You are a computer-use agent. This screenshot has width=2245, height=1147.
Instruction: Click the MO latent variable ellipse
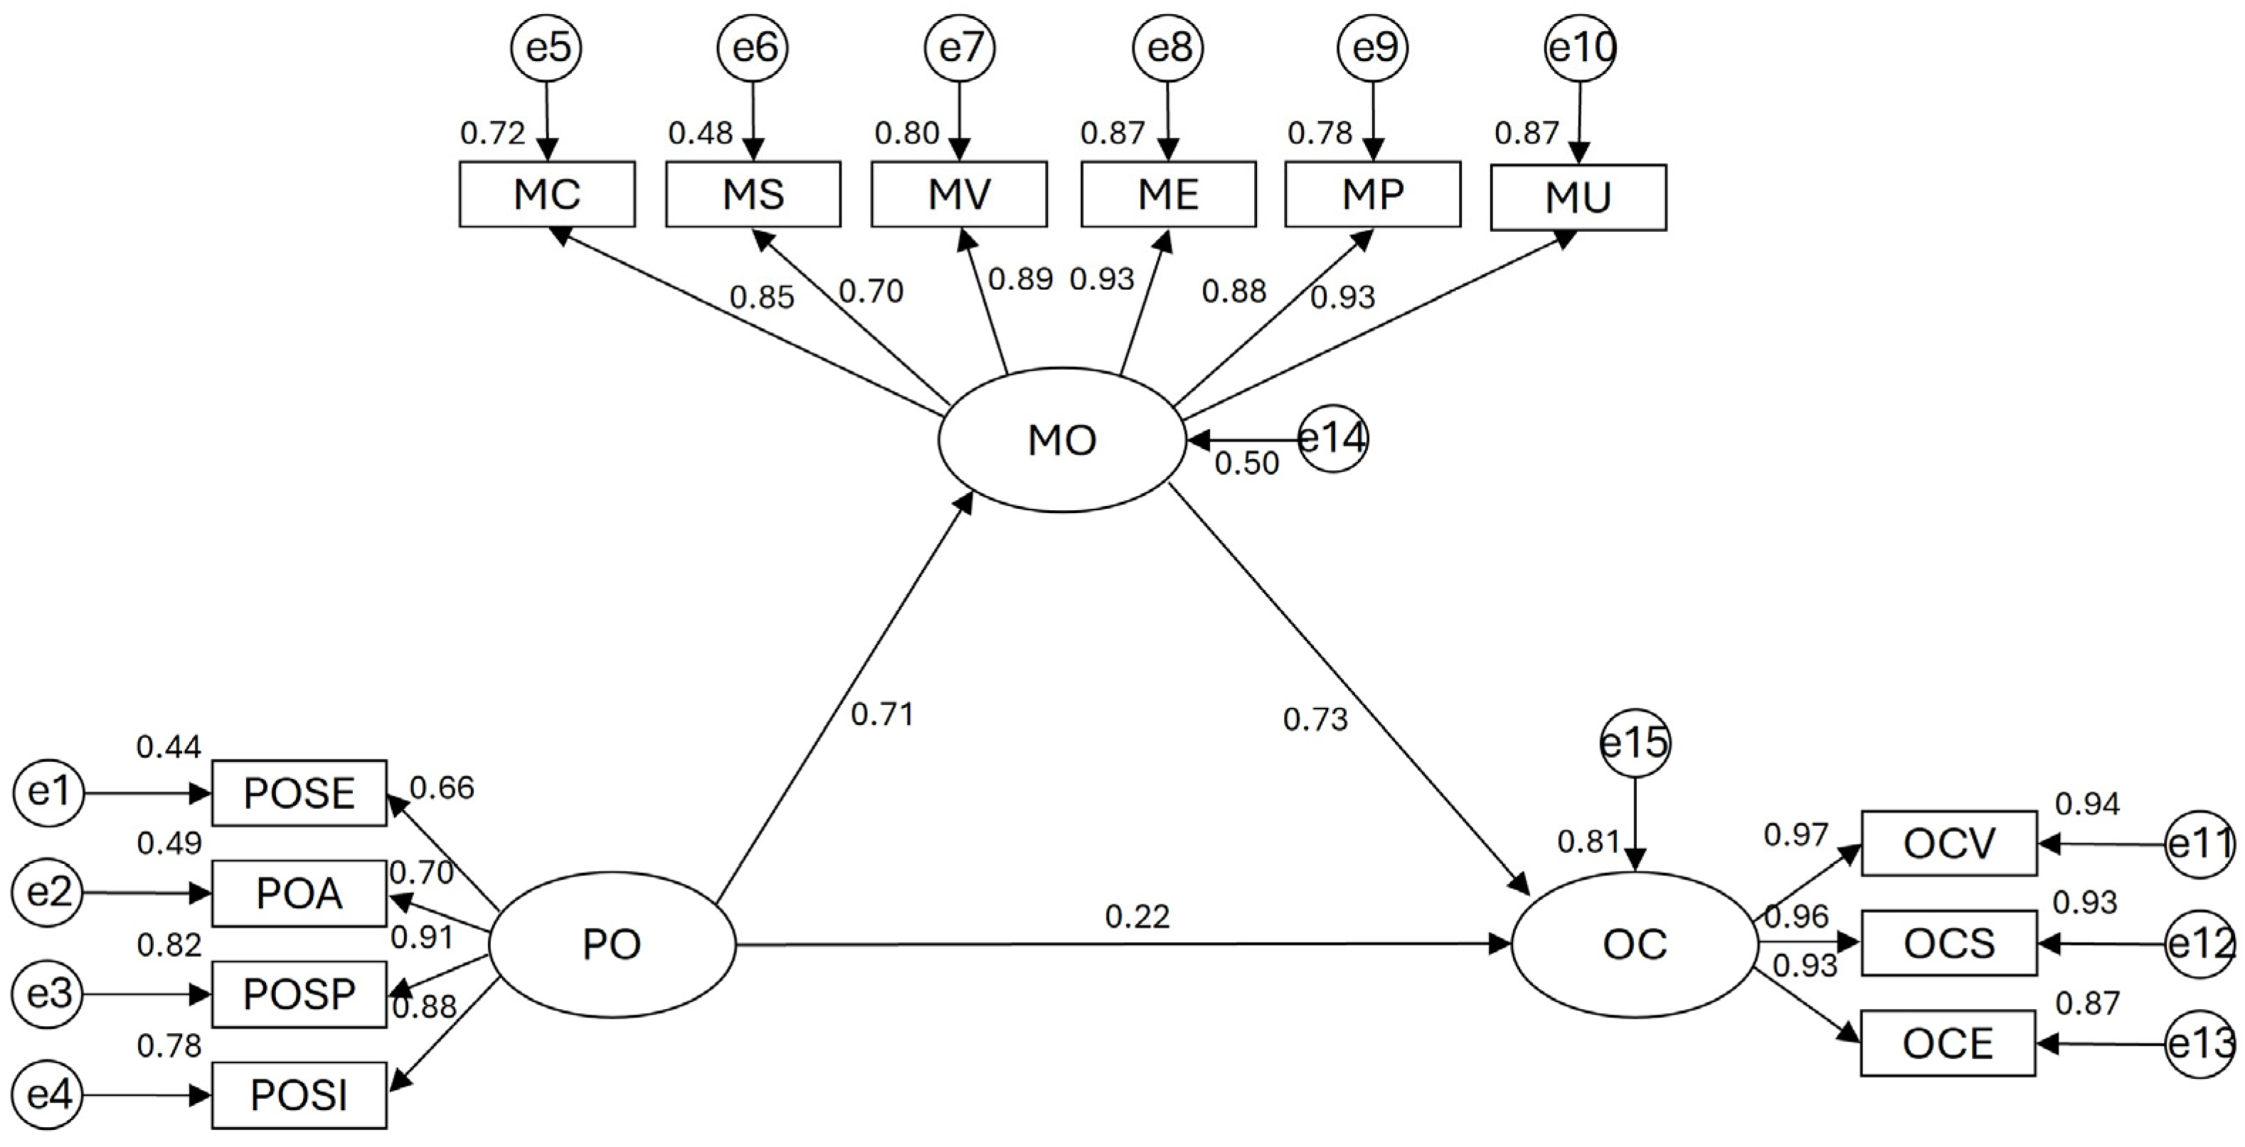pyautogui.click(x=1061, y=440)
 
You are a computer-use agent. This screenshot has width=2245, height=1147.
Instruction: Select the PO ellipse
pyautogui.click(x=612, y=945)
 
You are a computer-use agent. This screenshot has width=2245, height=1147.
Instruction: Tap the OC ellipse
pyautogui.click(x=1634, y=945)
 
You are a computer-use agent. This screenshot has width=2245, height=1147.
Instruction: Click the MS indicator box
pyautogui.click(x=753, y=194)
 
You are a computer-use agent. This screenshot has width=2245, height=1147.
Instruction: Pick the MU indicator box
pyautogui.click(x=1578, y=198)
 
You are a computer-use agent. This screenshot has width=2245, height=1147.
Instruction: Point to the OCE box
pyautogui.click(x=1948, y=1043)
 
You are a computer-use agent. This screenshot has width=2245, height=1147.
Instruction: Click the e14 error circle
pyautogui.click(x=1332, y=438)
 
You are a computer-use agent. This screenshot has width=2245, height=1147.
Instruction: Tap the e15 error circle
pyautogui.click(x=1635, y=743)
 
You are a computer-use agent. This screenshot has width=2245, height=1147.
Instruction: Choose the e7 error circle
pyautogui.click(x=960, y=48)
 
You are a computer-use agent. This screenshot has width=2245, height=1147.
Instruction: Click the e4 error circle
pyautogui.click(x=49, y=1096)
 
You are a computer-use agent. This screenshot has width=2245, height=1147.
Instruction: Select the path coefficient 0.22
pyautogui.click(x=1137, y=916)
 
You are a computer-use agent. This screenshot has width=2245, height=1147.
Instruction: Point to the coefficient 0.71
pyautogui.click(x=882, y=714)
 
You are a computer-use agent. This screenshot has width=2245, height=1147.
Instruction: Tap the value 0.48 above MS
pyautogui.click(x=700, y=133)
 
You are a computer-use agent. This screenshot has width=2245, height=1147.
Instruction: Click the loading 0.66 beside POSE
pyautogui.click(x=442, y=788)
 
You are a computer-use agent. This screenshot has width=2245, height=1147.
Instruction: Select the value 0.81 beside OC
pyautogui.click(x=1588, y=842)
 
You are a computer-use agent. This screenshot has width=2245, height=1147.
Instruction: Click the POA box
pyautogui.click(x=299, y=894)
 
